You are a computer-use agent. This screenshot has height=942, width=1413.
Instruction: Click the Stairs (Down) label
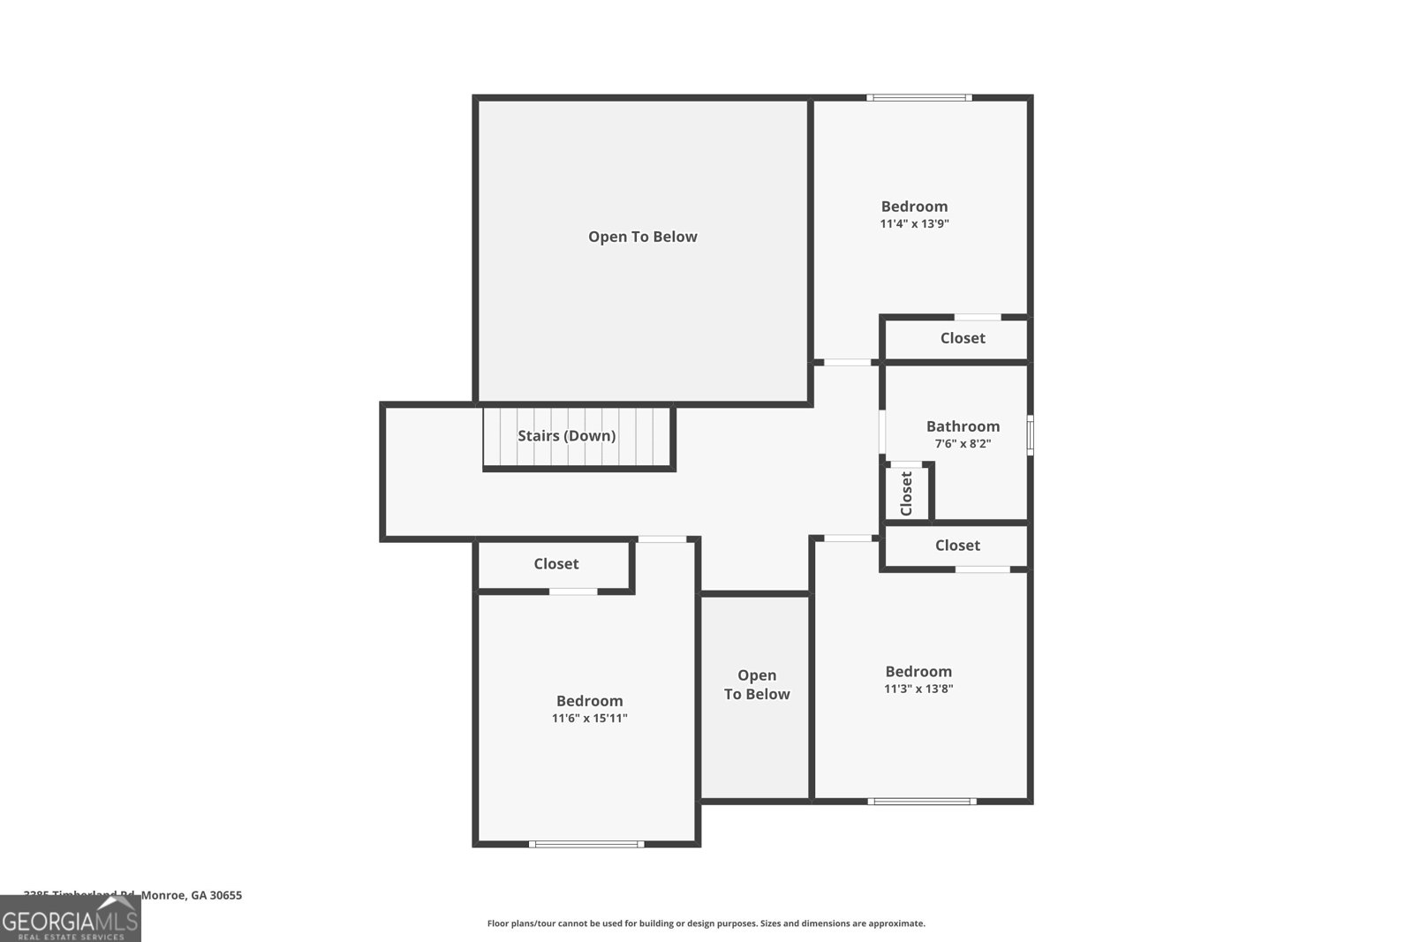pos(566,435)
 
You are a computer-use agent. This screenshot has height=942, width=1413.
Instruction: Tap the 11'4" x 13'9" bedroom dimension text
pos(914,224)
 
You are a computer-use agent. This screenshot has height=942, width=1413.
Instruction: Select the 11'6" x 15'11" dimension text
pos(589,719)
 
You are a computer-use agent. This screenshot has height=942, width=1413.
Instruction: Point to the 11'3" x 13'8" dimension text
pos(918,690)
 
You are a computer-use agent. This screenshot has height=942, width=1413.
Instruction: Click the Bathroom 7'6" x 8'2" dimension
pos(963,444)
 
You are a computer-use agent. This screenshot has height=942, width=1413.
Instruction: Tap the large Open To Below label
pos(642,237)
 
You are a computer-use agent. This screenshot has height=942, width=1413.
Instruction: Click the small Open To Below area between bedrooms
pos(756,685)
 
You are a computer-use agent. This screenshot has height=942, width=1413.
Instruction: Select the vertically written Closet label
pos(906,494)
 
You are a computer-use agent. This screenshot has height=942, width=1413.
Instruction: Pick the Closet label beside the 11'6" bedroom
pos(555,564)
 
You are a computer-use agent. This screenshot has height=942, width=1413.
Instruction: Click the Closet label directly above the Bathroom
pos(963,338)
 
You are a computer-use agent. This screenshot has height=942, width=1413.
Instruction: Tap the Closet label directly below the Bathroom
pos(957,546)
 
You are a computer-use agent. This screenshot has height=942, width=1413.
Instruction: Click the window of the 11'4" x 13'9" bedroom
pos(918,98)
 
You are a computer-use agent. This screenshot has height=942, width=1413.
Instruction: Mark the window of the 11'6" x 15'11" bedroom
pos(586,845)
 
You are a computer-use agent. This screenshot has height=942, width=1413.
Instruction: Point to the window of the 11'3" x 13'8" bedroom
pos(921,802)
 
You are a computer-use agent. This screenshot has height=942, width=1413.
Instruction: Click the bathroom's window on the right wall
pos(1030,435)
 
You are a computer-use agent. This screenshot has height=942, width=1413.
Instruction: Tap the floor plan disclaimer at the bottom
pos(706,923)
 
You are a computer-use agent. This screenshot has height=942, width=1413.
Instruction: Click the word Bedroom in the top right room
pos(914,207)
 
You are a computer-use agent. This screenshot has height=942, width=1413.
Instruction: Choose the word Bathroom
pos(963,426)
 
